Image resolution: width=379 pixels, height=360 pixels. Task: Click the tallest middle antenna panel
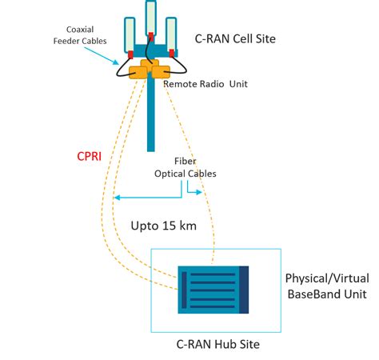tap(150, 19)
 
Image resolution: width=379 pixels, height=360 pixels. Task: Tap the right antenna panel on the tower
tap(171, 33)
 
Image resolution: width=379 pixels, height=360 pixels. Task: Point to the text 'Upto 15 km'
tap(163, 226)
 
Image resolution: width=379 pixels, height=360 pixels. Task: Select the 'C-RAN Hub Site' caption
tap(217, 344)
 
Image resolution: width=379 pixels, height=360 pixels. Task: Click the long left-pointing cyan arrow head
tap(117, 198)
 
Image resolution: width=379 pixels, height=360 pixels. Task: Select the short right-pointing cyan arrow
tap(196, 193)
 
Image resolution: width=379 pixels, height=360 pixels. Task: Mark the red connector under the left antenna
tap(130, 56)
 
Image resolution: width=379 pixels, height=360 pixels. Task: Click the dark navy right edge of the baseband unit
tap(244, 289)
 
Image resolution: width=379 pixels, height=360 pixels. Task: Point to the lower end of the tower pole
tap(150, 146)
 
